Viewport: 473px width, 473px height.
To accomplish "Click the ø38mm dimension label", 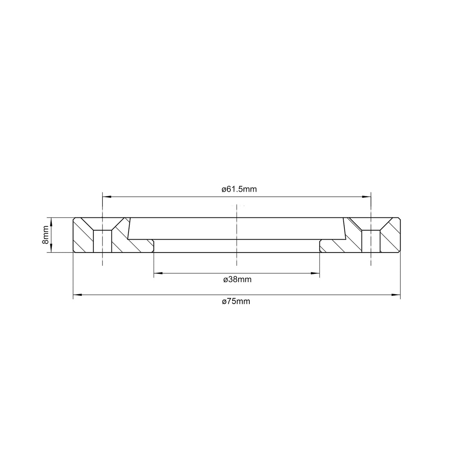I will click(237, 279).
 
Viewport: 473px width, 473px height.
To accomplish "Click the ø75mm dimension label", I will click(236, 301).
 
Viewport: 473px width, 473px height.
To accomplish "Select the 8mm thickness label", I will click(46, 235).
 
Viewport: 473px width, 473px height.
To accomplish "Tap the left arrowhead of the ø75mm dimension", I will click(76, 295).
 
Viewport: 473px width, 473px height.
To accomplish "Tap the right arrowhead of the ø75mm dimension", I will click(397, 295).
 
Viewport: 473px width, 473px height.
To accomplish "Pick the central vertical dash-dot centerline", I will click(236, 234).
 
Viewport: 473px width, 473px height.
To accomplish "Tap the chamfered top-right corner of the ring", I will click(399, 219).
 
